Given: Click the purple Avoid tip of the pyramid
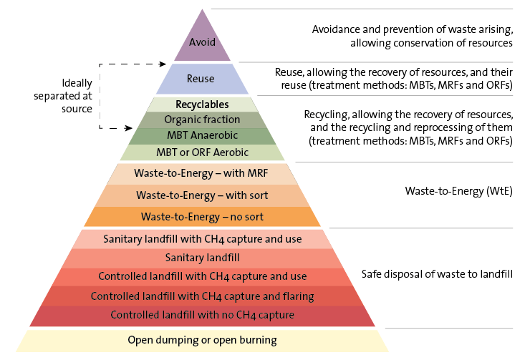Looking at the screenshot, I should tap(201, 41).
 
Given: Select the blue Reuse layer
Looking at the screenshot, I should tap(201, 78).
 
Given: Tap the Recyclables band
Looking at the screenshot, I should tap(201, 104).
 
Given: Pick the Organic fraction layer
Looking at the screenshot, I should tap(201, 120).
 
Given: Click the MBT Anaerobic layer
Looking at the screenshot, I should tap(201, 135).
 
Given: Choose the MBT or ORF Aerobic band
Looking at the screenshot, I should tap(201, 152).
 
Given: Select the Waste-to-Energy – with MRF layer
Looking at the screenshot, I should tap(201, 174).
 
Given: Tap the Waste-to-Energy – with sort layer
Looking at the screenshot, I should tap(201, 195).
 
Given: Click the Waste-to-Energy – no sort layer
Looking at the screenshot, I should tap(201, 216).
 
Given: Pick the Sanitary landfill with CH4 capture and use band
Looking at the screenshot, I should tap(202, 239).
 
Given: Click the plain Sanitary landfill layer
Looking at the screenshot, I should tap(202, 258).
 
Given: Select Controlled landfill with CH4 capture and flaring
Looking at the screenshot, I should tap(202, 296).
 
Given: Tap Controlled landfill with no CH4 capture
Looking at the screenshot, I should tap(202, 315).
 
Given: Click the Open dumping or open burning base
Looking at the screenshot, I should tap(202, 340).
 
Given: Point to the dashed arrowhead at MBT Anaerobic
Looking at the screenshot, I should tap(129, 130).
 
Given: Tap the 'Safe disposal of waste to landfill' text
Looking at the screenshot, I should tap(437, 274).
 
